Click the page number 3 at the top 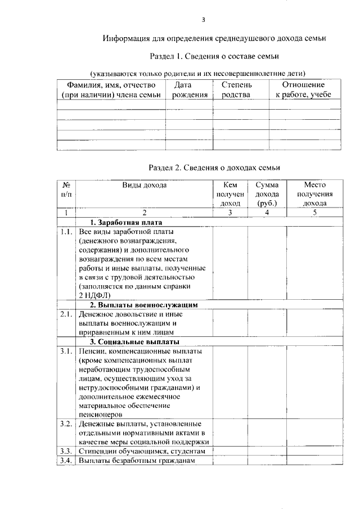pos(204,21)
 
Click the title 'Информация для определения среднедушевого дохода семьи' pos(214,39)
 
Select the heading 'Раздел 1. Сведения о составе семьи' pos(214,56)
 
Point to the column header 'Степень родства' pos(237,90)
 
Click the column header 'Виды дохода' pos(144,184)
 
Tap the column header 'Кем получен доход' pos(231,194)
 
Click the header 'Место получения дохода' pos(314,194)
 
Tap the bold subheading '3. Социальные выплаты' pos(134,341)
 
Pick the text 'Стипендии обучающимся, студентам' pos(141,451)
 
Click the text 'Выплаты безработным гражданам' pos(137,461)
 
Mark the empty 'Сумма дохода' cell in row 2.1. pos(267,323)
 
